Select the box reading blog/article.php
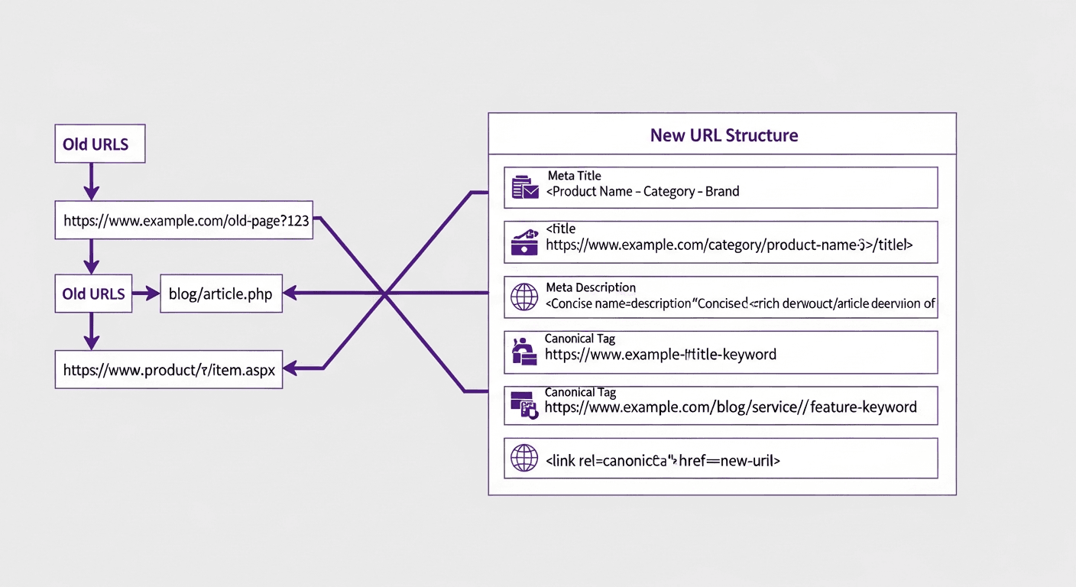[x=221, y=294]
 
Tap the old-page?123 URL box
[x=184, y=222]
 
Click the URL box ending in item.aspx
[x=169, y=371]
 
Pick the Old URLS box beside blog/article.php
[x=93, y=294]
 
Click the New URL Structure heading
[x=723, y=135]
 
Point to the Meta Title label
[x=574, y=176]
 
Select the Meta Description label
[x=591, y=287]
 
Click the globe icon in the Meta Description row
[x=523, y=297]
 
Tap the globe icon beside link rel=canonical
[x=523, y=459]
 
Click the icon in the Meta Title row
[x=524, y=187]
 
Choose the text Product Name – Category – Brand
[x=643, y=192]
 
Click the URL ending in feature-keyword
[x=731, y=407]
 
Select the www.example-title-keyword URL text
[x=660, y=355]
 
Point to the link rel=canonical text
[x=663, y=461]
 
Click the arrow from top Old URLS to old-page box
[x=91, y=182]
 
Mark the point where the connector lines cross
[x=385, y=293]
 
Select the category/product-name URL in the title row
[x=729, y=245]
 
